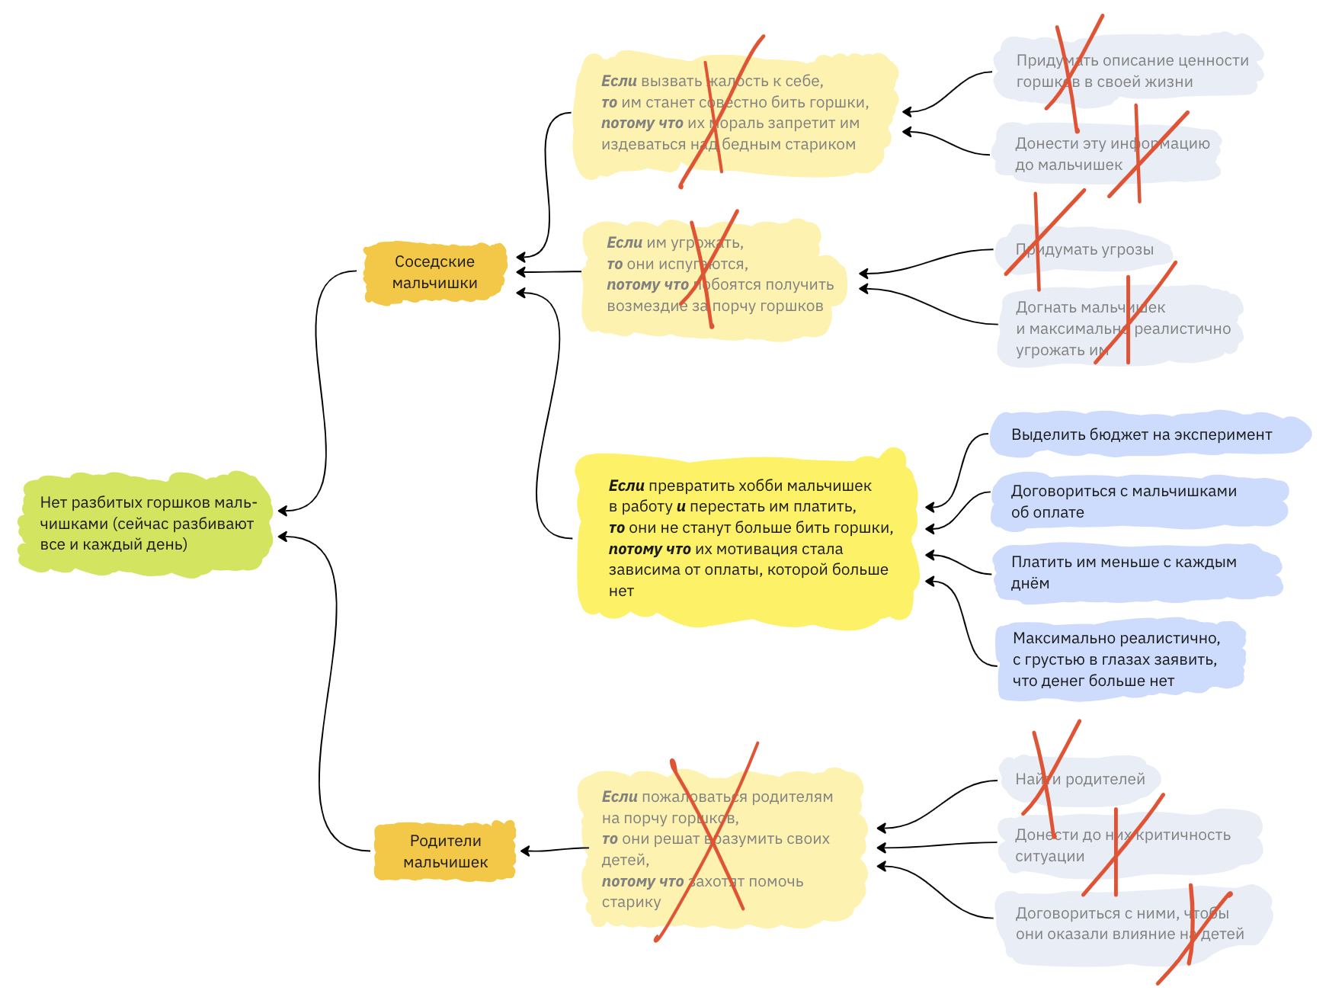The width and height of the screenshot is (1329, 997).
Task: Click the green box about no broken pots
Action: (145, 524)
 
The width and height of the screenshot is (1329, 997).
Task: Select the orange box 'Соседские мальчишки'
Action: (434, 272)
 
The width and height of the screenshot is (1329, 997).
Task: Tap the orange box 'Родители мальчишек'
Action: (445, 851)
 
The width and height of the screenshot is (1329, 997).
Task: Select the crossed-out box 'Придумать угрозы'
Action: (1084, 249)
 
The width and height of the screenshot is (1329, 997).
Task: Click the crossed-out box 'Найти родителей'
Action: (1080, 779)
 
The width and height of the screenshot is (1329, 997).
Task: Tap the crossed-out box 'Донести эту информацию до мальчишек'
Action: (1109, 154)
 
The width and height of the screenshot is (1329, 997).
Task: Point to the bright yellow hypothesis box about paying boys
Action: (747, 538)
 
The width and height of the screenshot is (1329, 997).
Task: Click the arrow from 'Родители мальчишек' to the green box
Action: (328, 686)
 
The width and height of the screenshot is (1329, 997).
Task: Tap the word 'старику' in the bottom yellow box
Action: (631, 902)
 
